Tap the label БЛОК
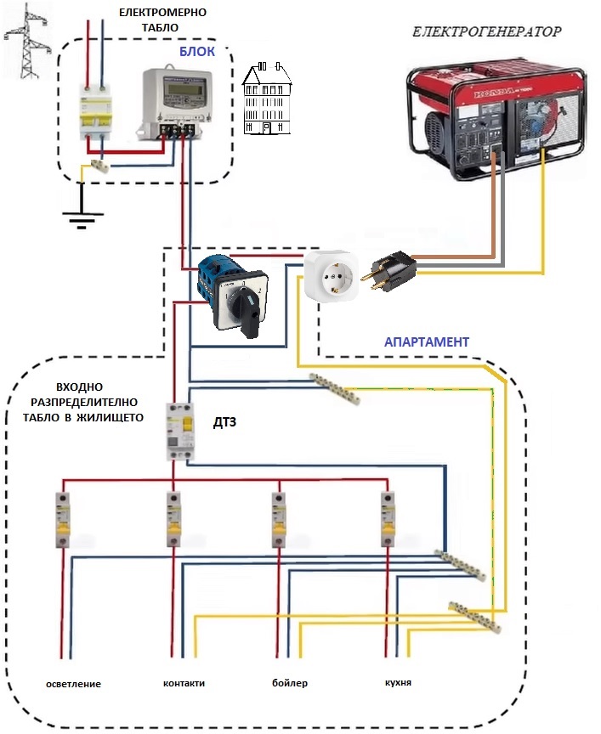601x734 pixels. tap(196, 52)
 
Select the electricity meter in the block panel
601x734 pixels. tap(175, 99)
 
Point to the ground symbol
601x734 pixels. tap(82, 217)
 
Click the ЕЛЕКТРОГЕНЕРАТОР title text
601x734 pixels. tap(487, 32)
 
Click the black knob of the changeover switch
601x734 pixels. tap(250, 309)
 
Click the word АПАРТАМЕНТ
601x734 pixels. tap(427, 342)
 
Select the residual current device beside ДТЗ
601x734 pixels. tap(180, 432)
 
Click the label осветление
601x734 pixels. tap(74, 684)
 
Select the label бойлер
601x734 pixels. tap(289, 683)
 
